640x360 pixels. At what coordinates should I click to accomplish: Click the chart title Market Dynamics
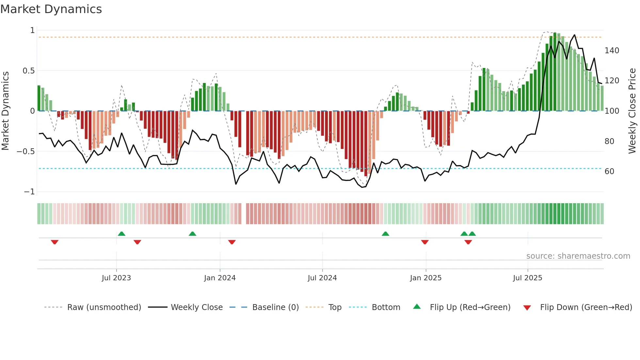[51, 9]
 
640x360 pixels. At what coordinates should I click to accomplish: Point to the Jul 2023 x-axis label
[116, 278]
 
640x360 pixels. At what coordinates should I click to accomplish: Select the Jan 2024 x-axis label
[220, 278]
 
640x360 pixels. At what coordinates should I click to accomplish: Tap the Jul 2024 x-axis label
[322, 278]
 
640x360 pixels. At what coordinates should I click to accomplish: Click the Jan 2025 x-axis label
[426, 278]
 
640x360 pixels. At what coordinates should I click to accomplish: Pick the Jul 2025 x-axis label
[528, 278]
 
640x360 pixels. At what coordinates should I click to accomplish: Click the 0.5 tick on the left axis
[28, 71]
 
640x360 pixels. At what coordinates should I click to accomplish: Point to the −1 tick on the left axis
[29, 192]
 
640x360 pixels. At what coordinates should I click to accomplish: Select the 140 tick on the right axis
[612, 51]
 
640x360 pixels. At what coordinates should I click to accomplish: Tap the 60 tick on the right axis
[609, 172]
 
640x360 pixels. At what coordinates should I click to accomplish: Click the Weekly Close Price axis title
[632, 111]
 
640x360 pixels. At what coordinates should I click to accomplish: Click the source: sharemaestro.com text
[578, 256]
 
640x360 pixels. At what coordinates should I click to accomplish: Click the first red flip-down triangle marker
[55, 242]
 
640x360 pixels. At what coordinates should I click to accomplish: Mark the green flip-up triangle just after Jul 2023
[121, 234]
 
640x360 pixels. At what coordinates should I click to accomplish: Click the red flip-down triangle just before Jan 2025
[425, 242]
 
